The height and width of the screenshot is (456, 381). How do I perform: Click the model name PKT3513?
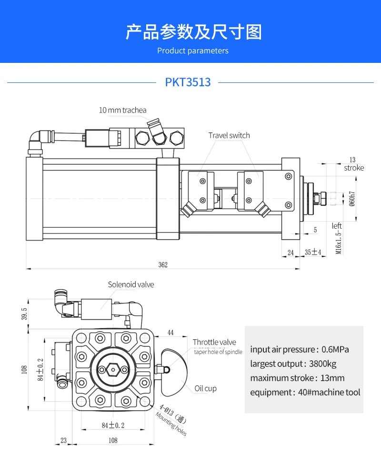click(188, 82)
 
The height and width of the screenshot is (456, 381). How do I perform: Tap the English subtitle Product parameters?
click(193, 51)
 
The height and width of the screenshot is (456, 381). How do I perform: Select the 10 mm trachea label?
click(122, 110)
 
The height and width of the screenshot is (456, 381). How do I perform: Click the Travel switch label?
click(229, 135)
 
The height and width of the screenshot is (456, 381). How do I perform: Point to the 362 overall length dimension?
click(163, 265)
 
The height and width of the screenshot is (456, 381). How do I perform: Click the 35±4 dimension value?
click(313, 252)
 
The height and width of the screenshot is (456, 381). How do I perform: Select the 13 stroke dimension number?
click(352, 160)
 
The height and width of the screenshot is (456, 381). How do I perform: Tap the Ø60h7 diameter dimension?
click(352, 198)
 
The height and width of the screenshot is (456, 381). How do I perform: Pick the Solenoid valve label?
click(131, 284)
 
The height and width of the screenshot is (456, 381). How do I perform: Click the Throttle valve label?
click(214, 342)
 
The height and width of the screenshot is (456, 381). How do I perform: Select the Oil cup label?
click(205, 388)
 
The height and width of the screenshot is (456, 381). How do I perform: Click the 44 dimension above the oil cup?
click(170, 332)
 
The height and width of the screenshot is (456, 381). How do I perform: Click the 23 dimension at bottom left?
click(64, 440)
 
